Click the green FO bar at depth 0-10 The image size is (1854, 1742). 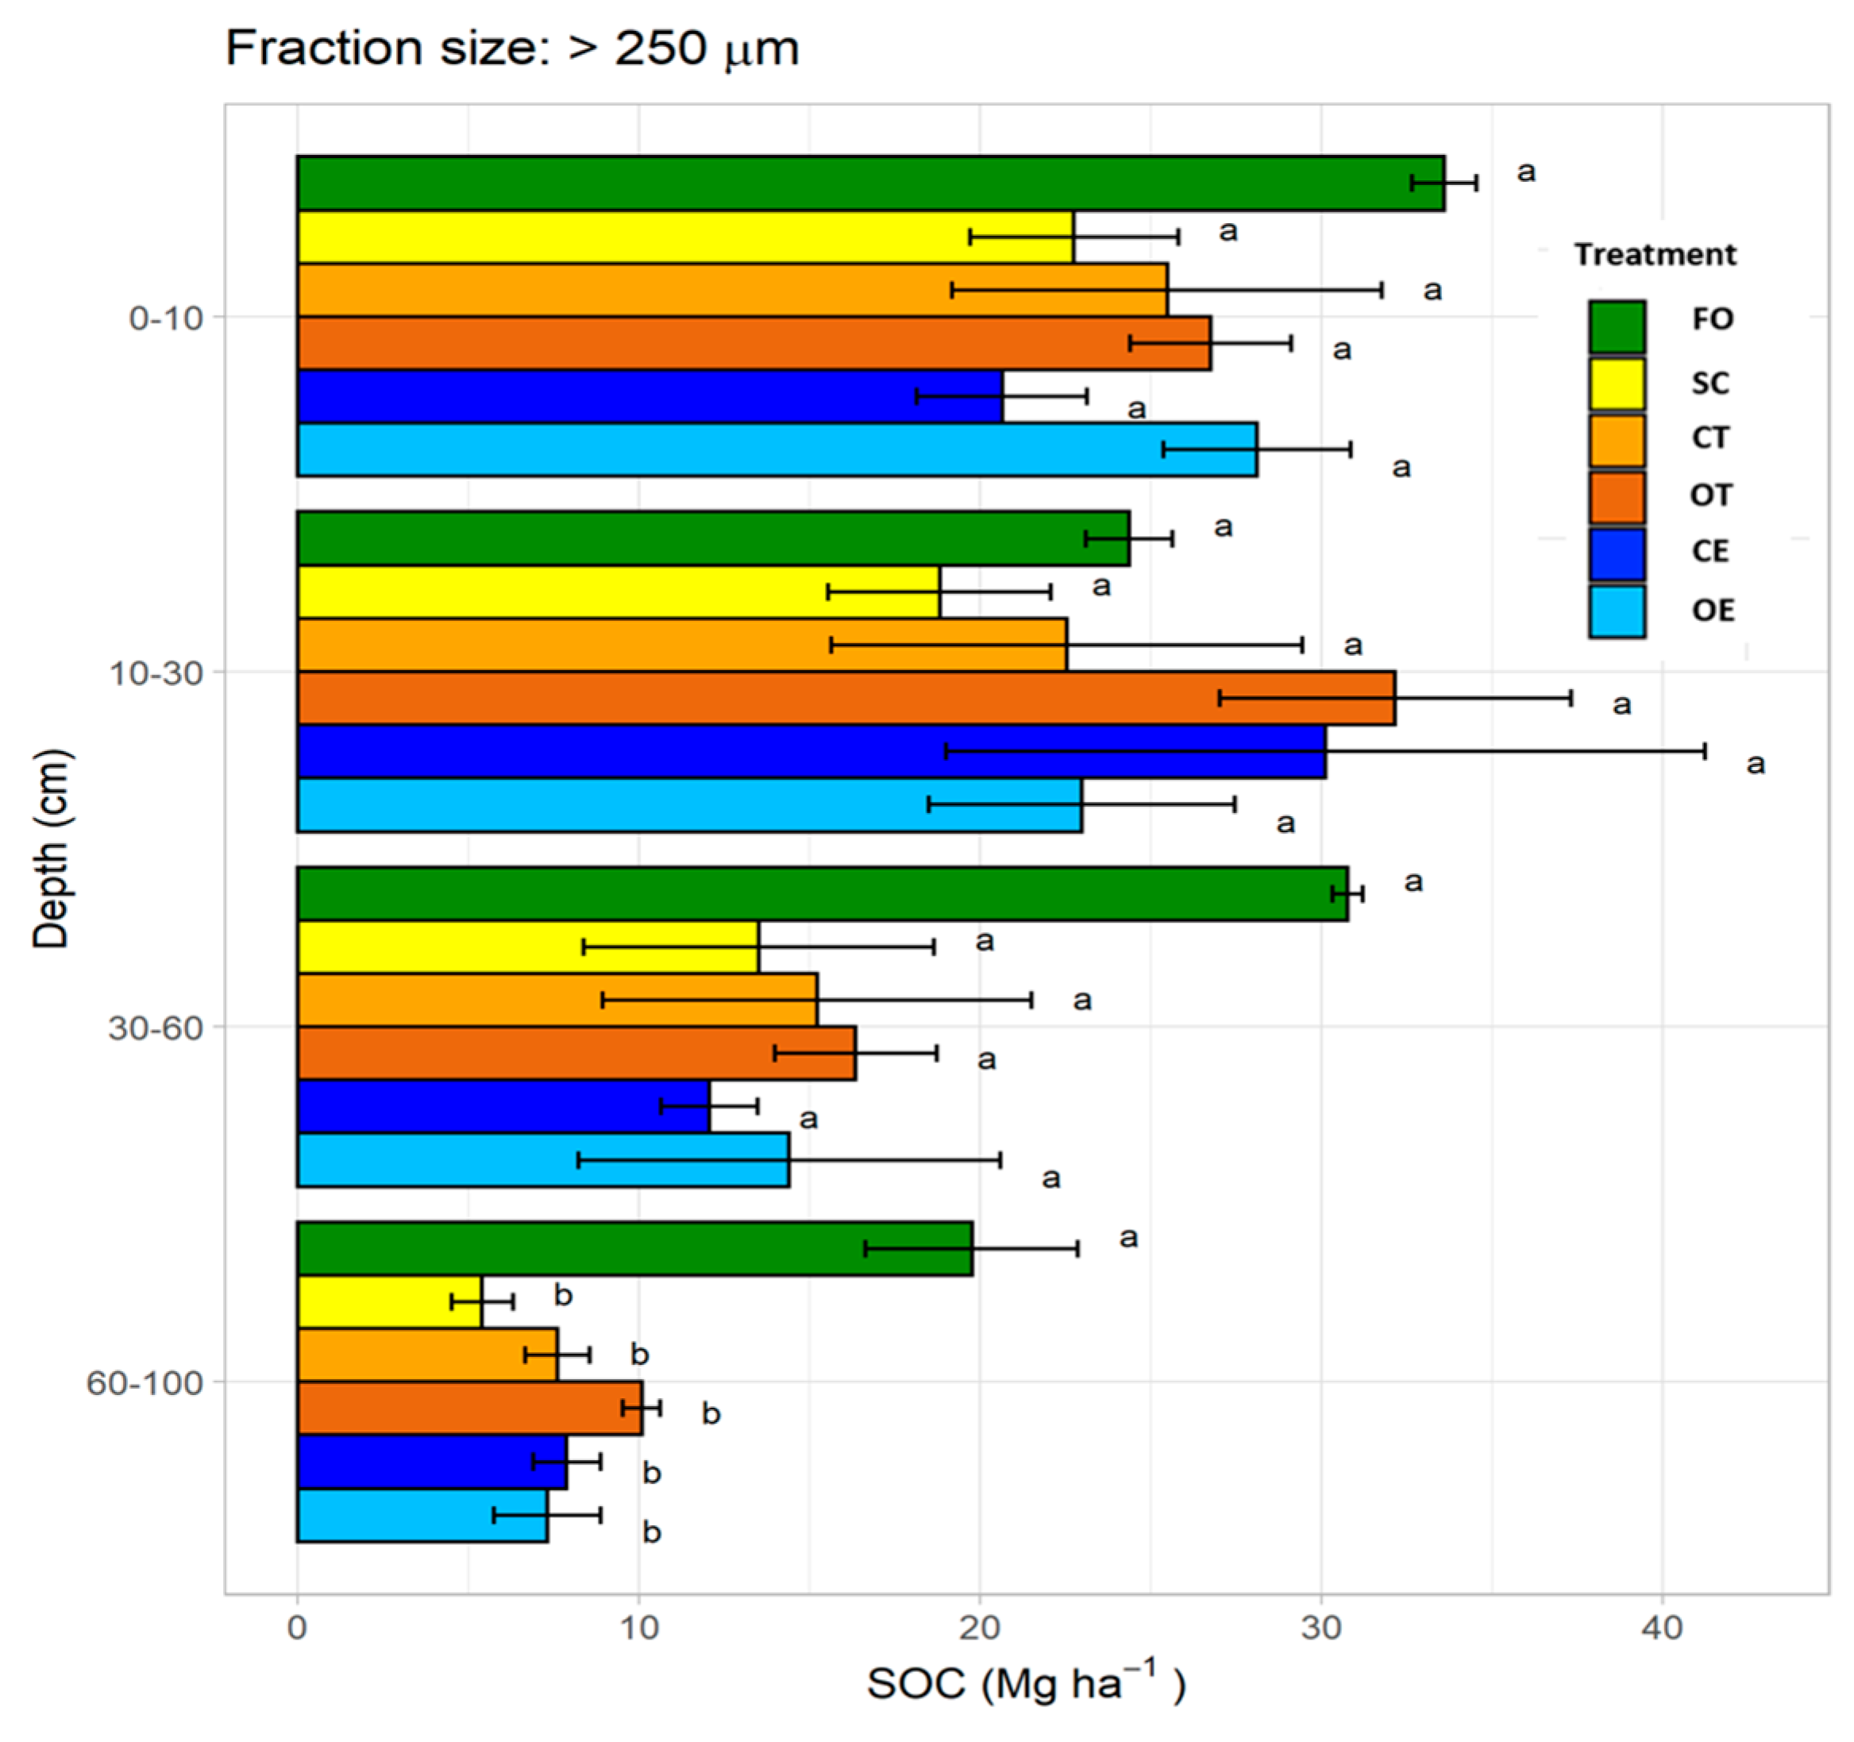tap(867, 183)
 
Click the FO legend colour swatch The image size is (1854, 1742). tap(1616, 326)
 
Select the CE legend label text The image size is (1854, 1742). tap(1709, 551)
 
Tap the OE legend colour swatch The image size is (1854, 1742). tap(1616, 611)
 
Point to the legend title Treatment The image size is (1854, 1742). tap(1655, 255)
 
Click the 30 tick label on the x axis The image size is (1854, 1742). tap(1320, 1629)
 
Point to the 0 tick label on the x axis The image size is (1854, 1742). tap(298, 1629)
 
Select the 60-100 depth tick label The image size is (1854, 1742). tap(144, 1383)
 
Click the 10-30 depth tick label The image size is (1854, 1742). tap(156, 673)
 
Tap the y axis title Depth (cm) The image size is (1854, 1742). tap(52, 849)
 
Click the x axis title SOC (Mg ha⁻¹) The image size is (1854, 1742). tap(1026, 1684)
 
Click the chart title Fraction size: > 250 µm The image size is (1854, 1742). tap(512, 48)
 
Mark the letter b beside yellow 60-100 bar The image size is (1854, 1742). tap(563, 1295)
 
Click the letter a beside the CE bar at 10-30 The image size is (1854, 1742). tap(1755, 764)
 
